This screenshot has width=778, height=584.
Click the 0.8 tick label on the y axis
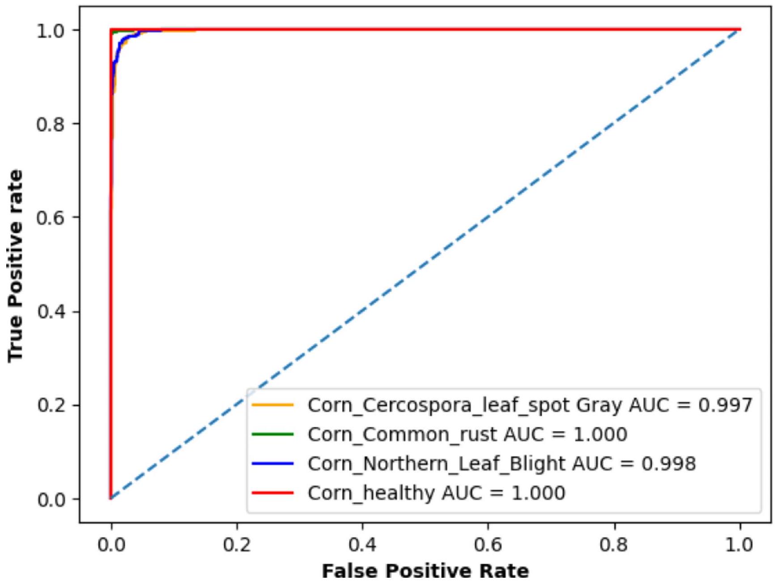51,124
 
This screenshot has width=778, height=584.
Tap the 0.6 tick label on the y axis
51,217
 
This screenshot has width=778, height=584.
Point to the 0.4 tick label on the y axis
51,311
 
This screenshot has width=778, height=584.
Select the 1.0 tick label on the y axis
51,31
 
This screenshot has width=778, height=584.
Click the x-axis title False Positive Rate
425,572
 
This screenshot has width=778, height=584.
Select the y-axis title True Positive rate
16,265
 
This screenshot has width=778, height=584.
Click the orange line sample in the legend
272,405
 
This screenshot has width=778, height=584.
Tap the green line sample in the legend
272,434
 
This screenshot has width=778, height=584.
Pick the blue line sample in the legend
272,464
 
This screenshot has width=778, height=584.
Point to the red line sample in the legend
272,493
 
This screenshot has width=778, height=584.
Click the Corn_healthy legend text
371,493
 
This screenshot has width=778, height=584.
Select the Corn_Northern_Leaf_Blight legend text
436,464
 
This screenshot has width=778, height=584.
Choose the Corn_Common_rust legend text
402,434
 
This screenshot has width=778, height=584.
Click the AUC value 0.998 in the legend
669,464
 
